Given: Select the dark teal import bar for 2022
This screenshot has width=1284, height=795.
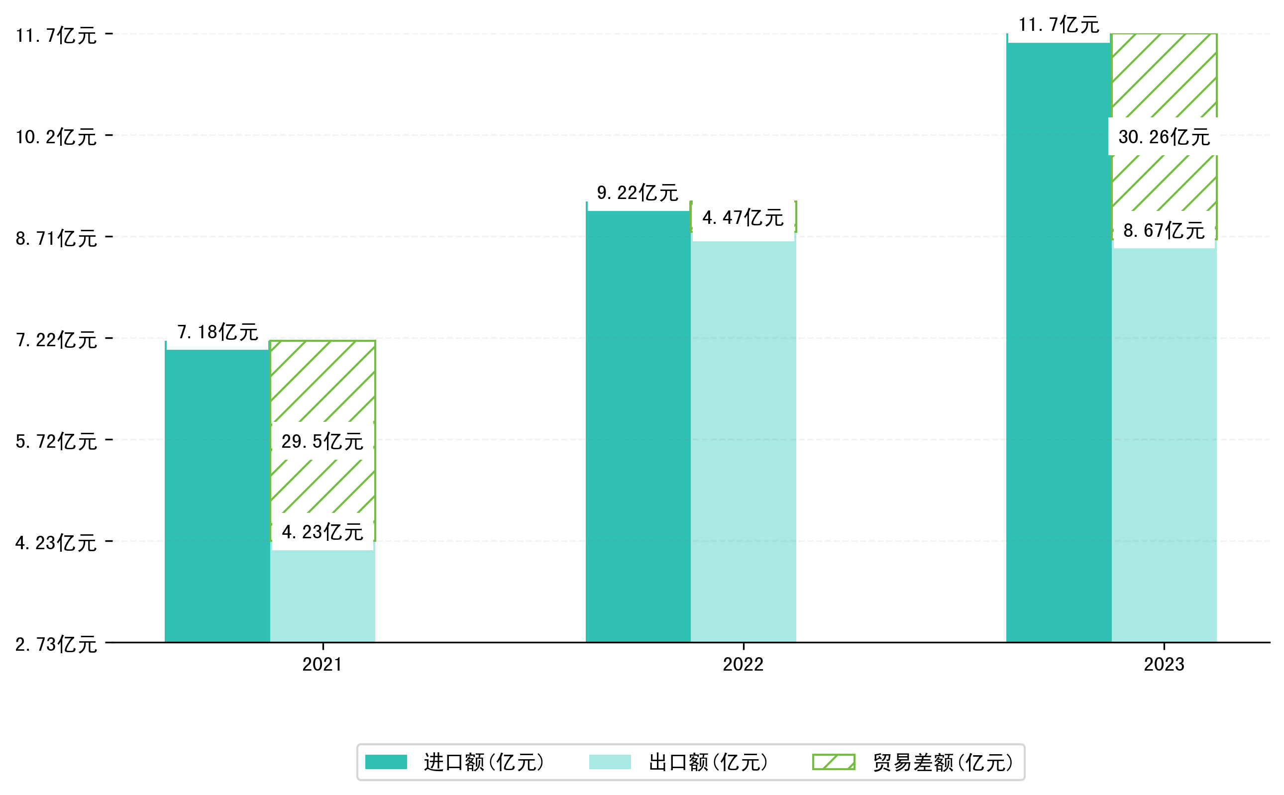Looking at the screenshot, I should pos(638,426).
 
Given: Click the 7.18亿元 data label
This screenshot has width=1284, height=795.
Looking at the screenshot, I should pos(217,332).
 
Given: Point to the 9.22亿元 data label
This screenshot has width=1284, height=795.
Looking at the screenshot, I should pos(638,193).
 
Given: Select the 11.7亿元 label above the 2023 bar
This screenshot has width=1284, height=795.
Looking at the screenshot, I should pos(1059,25).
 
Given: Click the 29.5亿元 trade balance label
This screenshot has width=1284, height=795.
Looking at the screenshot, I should pos(322,441).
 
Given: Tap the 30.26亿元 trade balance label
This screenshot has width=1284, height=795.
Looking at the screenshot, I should pos(1164,137).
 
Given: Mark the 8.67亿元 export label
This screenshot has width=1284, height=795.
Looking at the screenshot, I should pos(1164,230).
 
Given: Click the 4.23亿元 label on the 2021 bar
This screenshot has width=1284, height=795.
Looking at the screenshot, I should pos(322,532).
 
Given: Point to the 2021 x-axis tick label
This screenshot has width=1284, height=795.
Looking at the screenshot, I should pos(322,665).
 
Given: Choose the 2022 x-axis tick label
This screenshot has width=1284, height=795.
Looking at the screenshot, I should pos(743,665).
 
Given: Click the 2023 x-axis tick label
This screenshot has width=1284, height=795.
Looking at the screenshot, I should pos(1164,665).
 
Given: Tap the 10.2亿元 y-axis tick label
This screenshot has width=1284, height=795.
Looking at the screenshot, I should pos(56,137).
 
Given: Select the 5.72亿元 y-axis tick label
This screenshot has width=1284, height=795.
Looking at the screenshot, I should pos(56,441).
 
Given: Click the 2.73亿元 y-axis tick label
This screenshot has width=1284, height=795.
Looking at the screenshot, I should pos(56,644).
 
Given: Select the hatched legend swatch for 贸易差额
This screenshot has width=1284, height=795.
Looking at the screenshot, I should pos(833,762).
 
